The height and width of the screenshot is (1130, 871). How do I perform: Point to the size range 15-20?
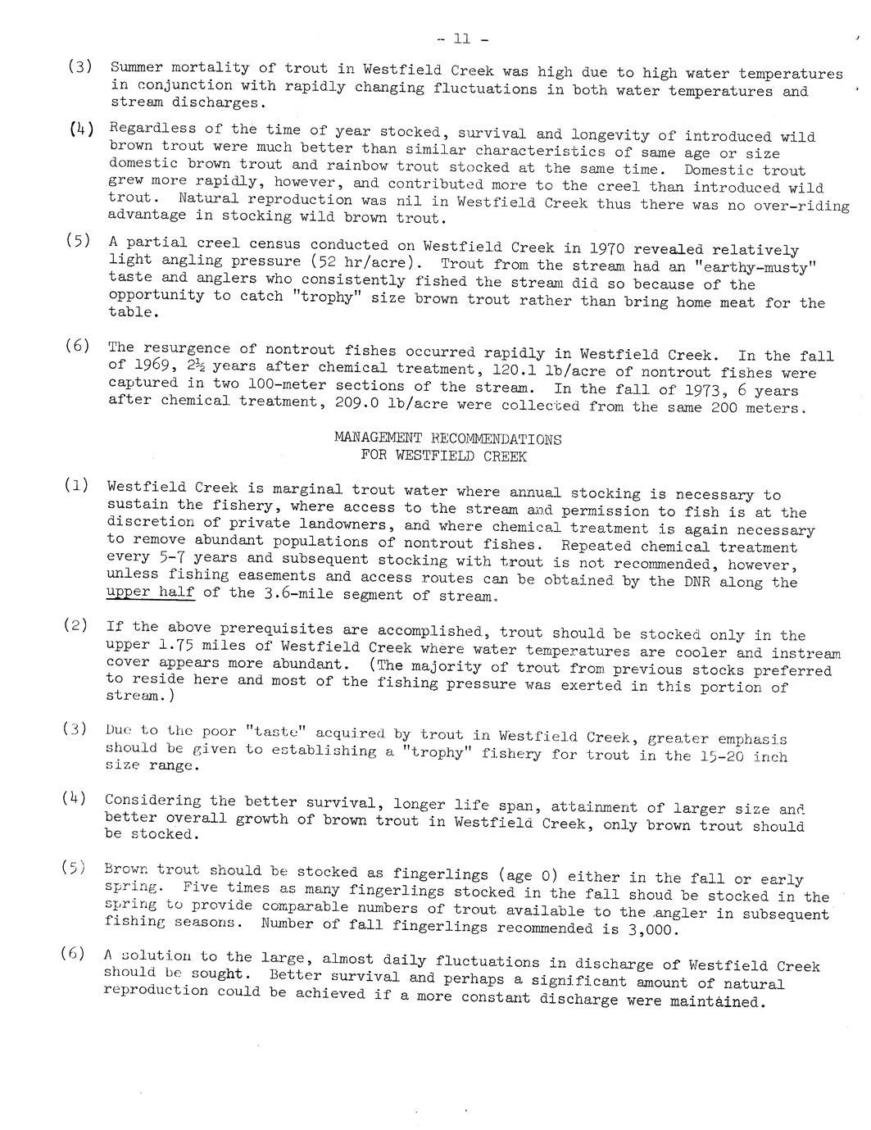click(721, 756)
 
